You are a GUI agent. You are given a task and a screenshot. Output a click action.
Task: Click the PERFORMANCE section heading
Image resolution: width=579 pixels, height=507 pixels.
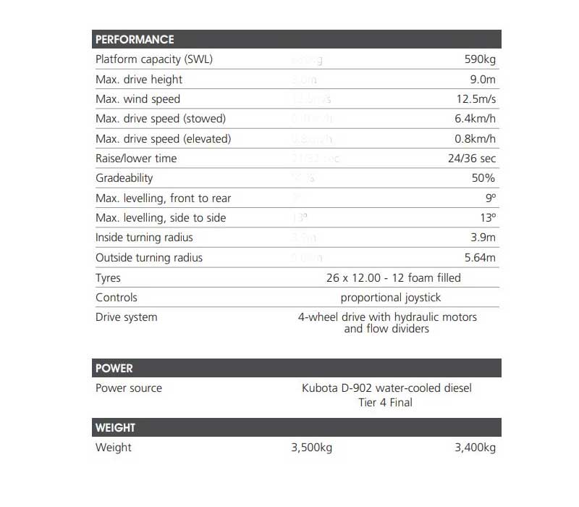pyautogui.click(x=135, y=39)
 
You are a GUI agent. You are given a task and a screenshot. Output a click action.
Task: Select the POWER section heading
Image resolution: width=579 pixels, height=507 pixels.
pyautogui.click(x=114, y=368)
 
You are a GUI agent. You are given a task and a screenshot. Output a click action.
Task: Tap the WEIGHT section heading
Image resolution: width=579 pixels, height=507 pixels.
pyautogui.click(x=116, y=427)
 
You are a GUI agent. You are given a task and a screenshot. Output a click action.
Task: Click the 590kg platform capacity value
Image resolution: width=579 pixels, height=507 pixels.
pyautogui.click(x=480, y=59)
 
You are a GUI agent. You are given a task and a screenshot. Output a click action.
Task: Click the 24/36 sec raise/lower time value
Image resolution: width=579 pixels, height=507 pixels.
pyautogui.click(x=471, y=158)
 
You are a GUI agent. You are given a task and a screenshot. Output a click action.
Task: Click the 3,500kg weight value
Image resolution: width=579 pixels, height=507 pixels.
pyautogui.click(x=311, y=448)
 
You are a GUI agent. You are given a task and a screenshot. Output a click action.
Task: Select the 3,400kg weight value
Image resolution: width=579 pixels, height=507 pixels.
pyautogui.click(x=475, y=448)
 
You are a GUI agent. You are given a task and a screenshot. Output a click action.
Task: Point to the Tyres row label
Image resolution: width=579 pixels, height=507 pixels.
pyautogui.click(x=109, y=277)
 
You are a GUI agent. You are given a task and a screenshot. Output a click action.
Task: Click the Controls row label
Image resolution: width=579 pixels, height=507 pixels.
pyautogui.click(x=116, y=297)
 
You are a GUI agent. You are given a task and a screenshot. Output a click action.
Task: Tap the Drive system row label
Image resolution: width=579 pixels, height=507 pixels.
pyautogui.click(x=126, y=317)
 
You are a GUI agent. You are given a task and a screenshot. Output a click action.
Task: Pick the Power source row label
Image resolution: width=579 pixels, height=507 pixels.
pyautogui.click(x=129, y=388)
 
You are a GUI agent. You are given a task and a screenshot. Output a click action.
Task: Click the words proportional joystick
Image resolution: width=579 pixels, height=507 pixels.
pyautogui.click(x=391, y=297)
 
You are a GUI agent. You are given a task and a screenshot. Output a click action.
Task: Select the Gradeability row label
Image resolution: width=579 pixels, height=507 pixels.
pyautogui.click(x=124, y=177)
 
